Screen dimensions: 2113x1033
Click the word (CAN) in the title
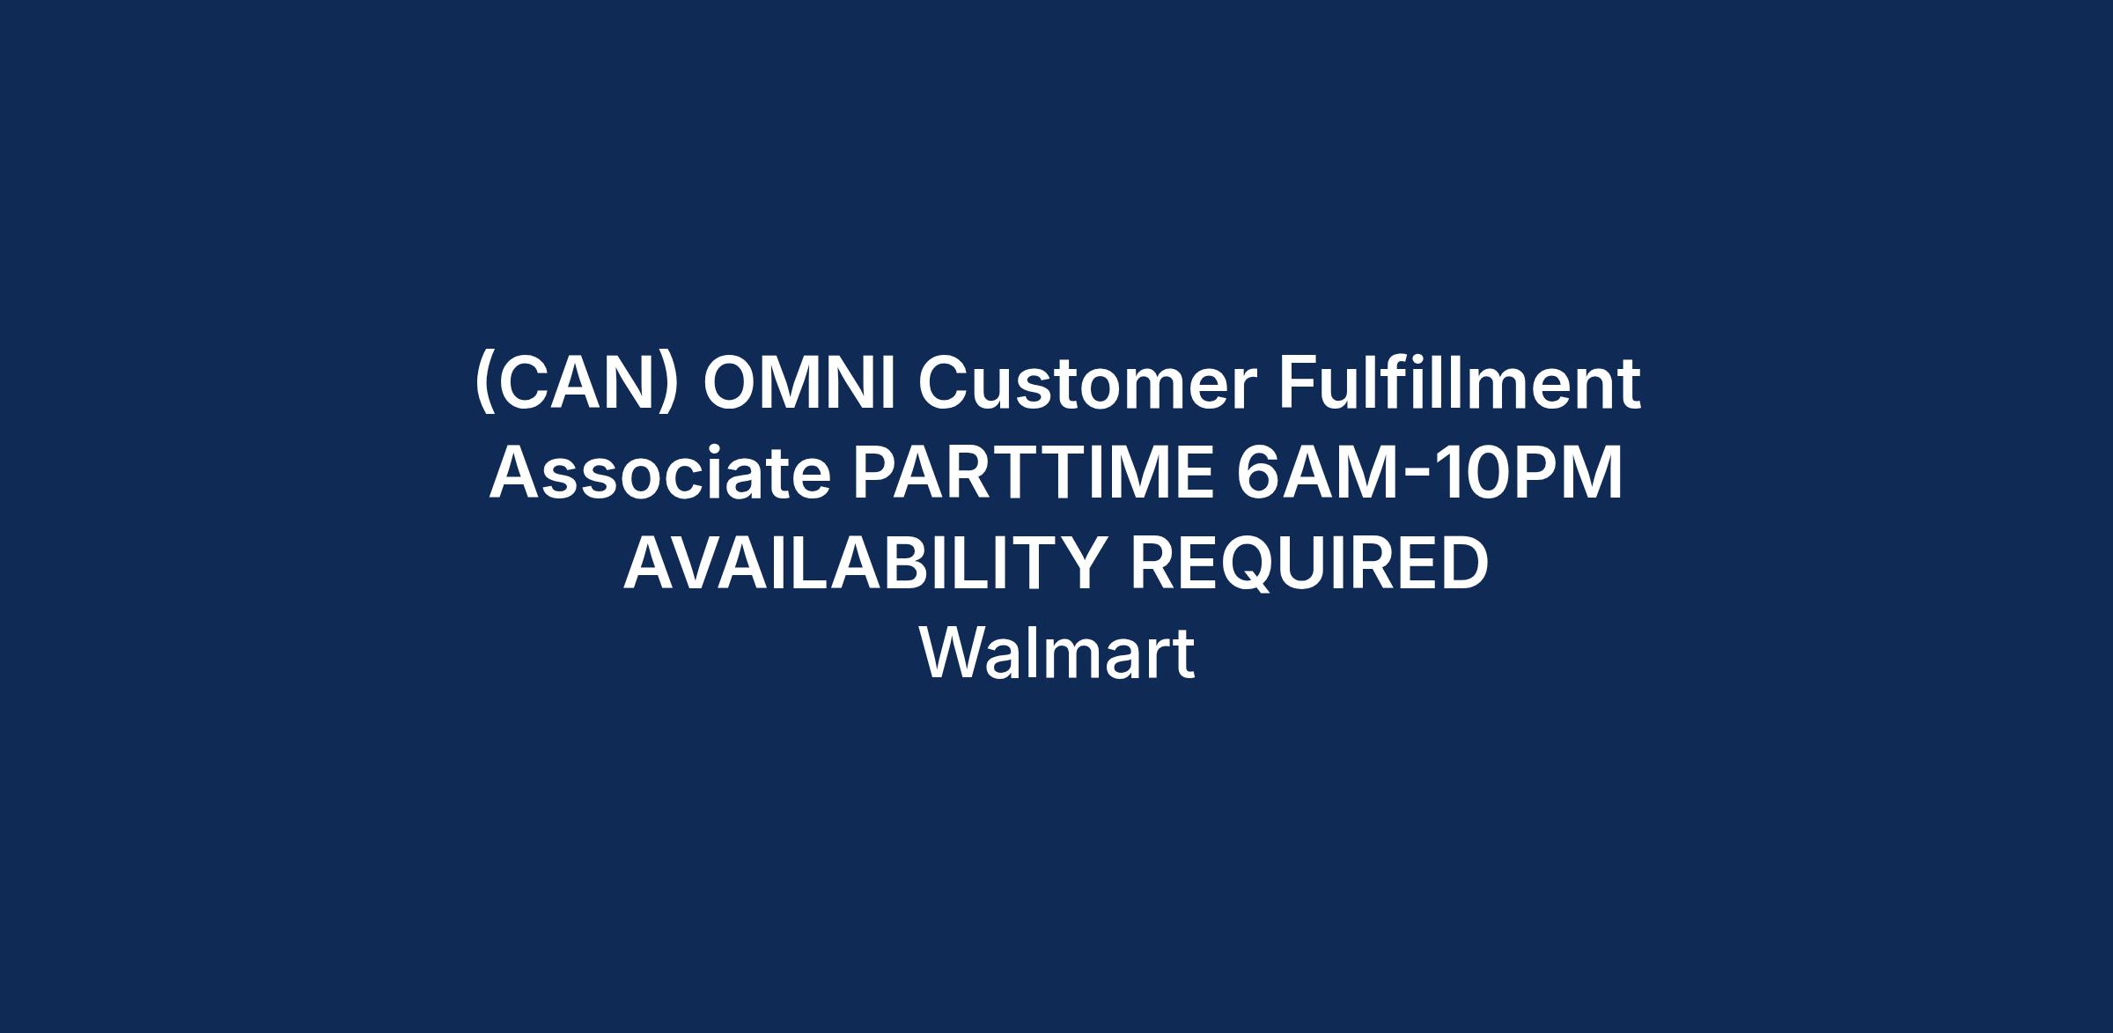pos(577,384)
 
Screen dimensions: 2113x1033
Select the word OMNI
pos(799,384)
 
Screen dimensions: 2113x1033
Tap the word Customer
pos(1086,384)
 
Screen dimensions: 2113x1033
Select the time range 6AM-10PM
pos(1430,473)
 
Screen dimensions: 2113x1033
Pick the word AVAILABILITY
pos(865,563)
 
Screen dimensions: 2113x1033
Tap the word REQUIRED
pos(1309,563)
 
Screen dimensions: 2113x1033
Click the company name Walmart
pos(1056,653)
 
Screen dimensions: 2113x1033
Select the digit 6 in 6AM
pos(1257,473)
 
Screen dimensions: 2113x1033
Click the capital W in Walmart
pos(954,653)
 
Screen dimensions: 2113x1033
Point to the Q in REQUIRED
pos(1247,564)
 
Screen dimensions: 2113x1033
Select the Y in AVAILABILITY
pos(1081,563)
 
